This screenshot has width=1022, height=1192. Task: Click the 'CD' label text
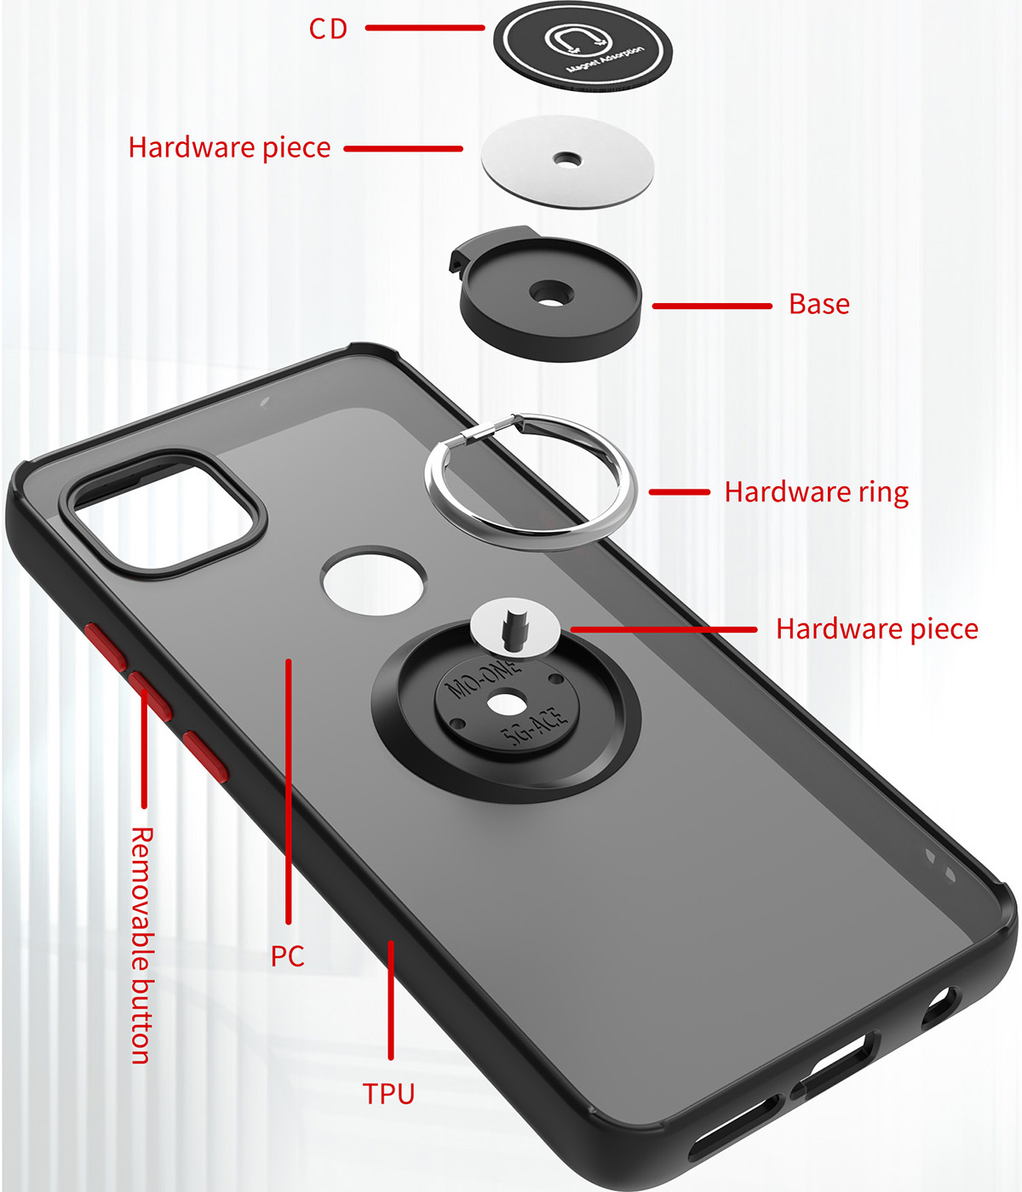(329, 29)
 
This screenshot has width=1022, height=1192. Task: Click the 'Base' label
(818, 304)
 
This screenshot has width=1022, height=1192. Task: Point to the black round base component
(550, 298)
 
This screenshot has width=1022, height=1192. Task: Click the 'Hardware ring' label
(816, 492)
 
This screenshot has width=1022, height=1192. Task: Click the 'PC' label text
(288, 956)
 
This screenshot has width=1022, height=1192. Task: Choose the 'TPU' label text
(388, 1093)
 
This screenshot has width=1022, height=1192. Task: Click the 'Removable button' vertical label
(141, 945)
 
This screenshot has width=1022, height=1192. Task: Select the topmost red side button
(106, 645)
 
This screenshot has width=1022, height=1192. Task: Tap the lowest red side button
(205, 754)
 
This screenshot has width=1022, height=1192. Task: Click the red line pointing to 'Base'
(712, 306)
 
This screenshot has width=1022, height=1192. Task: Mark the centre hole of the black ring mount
(507, 704)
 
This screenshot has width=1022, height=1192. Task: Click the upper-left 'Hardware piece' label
(229, 147)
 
